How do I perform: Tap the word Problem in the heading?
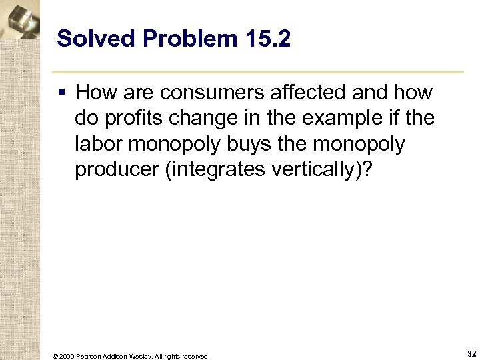tap(172, 39)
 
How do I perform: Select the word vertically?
tap(321, 170)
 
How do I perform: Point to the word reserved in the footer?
tap(196, 356)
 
